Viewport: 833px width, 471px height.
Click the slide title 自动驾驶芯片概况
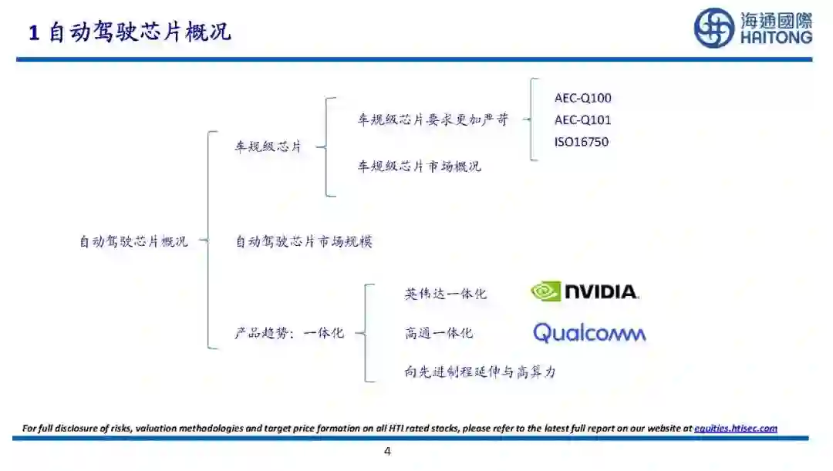pyautogui.click(x=130, y=33)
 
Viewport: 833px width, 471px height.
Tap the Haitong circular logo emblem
pyautogui.click(x=713, y=29)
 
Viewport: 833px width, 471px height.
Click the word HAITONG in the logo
pyautogui.click(x=775, y=37)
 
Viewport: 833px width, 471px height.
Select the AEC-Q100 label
pyautogui.click(x=582, y=98)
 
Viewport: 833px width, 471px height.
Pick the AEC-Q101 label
pyautogui.click(x=582, y=120)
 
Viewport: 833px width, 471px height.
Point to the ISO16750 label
pyautogui.click(x=581, y=142)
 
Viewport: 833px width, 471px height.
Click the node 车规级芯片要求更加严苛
pyautogui.click(x=433, y=120)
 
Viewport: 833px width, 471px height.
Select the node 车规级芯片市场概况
pyautogui.click(x=419, y=167)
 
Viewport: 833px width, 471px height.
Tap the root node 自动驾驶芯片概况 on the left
pyautogui.click(x=133, y=241)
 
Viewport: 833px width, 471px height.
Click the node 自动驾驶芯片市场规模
pyautogui.click(x=304, y=241)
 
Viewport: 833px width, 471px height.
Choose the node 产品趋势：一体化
pyautogui.click(x=289, y=333)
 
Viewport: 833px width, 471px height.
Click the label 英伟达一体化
pyautogui.click(x=445, y=294)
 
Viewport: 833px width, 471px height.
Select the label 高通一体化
pyautogui.click(x=438, y=333)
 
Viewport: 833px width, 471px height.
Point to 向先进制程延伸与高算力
pyautogui.click(x=480, y=372)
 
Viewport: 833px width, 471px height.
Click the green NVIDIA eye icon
pyautogui.click(x=545, y=291)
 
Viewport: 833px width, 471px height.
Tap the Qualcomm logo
pyautogui.click(x=589, y=333)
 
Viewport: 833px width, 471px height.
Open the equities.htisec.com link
pyautogui.click(x=735, y=428)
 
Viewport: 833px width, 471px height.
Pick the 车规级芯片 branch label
pyautogui.click(x=268, y=146)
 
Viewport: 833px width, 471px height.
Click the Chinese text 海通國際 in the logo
pyautogui.click(x=775, y=19)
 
